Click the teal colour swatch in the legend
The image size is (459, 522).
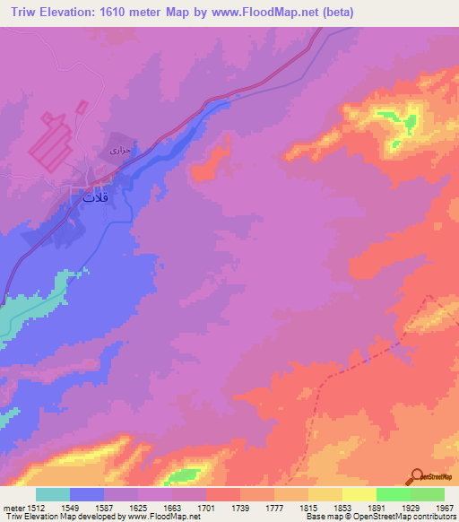[53, 493]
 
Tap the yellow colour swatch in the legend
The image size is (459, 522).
[359, 493]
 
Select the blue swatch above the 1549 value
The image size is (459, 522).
[87, 493]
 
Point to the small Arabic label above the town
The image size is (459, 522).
[120, 150]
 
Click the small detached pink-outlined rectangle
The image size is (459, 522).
[82, 107]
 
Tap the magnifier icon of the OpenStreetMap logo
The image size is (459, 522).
[417, 476]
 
